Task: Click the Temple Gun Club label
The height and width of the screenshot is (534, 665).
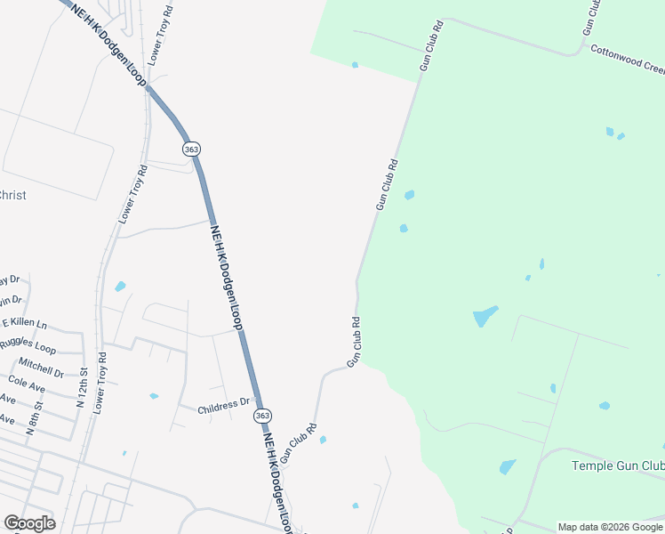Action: point(617,465)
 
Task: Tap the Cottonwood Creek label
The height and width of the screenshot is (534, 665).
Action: point(627,59)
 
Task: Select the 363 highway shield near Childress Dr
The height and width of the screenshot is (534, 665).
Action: point(262,416)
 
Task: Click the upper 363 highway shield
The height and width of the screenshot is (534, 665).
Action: point(191,149)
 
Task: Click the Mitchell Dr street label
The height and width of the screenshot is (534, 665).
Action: point(41,368)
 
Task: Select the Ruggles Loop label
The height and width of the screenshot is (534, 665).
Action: point(28,343)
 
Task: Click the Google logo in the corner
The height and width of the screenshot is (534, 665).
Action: point(29,523)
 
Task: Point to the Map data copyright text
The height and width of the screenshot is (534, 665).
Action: point(610,527)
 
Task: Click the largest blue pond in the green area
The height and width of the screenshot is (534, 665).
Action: point(485,315)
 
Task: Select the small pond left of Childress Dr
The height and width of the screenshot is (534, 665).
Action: point(154,396)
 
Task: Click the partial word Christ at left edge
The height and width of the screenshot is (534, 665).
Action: point(12,195)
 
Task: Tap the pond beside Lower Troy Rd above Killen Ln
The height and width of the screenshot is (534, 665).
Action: point(120,287)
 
